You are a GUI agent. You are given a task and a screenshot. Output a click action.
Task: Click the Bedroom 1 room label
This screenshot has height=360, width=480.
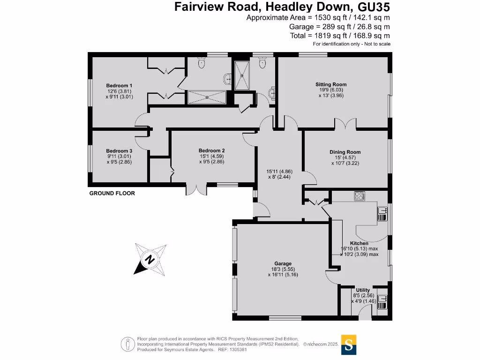[119, 85]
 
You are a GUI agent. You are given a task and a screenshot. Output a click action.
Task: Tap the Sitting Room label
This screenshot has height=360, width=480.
[331, 84]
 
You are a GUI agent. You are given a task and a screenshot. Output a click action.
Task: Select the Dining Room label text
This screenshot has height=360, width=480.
[345, 152]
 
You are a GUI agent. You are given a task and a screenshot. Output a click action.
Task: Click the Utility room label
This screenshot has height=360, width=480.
[363, 290]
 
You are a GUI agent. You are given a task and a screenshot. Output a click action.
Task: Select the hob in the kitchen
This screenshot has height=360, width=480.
[360, 196]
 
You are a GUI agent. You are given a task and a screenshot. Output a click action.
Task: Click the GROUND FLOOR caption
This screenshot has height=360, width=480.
[112, 193]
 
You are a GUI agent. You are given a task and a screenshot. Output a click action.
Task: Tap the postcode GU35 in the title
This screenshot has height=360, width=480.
[373, 7]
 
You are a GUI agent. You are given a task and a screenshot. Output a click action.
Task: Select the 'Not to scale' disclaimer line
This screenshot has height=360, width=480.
[352, 44]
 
